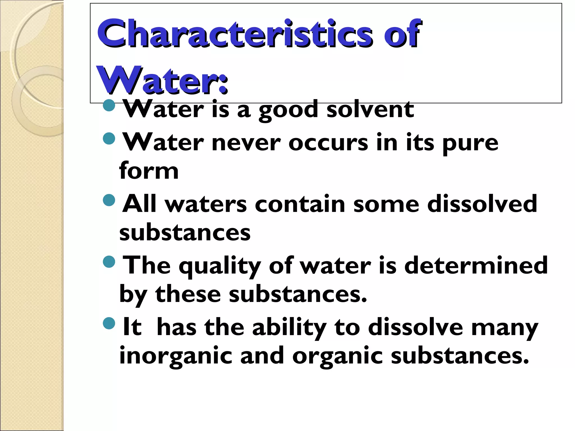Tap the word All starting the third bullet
tap(139, 204)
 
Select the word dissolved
tap(482, 204)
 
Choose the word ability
tap(289, 328)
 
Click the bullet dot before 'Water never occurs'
tap(109, 138)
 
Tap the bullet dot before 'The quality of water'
tap(109, 262)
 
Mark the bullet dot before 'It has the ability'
tap(109, 323)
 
